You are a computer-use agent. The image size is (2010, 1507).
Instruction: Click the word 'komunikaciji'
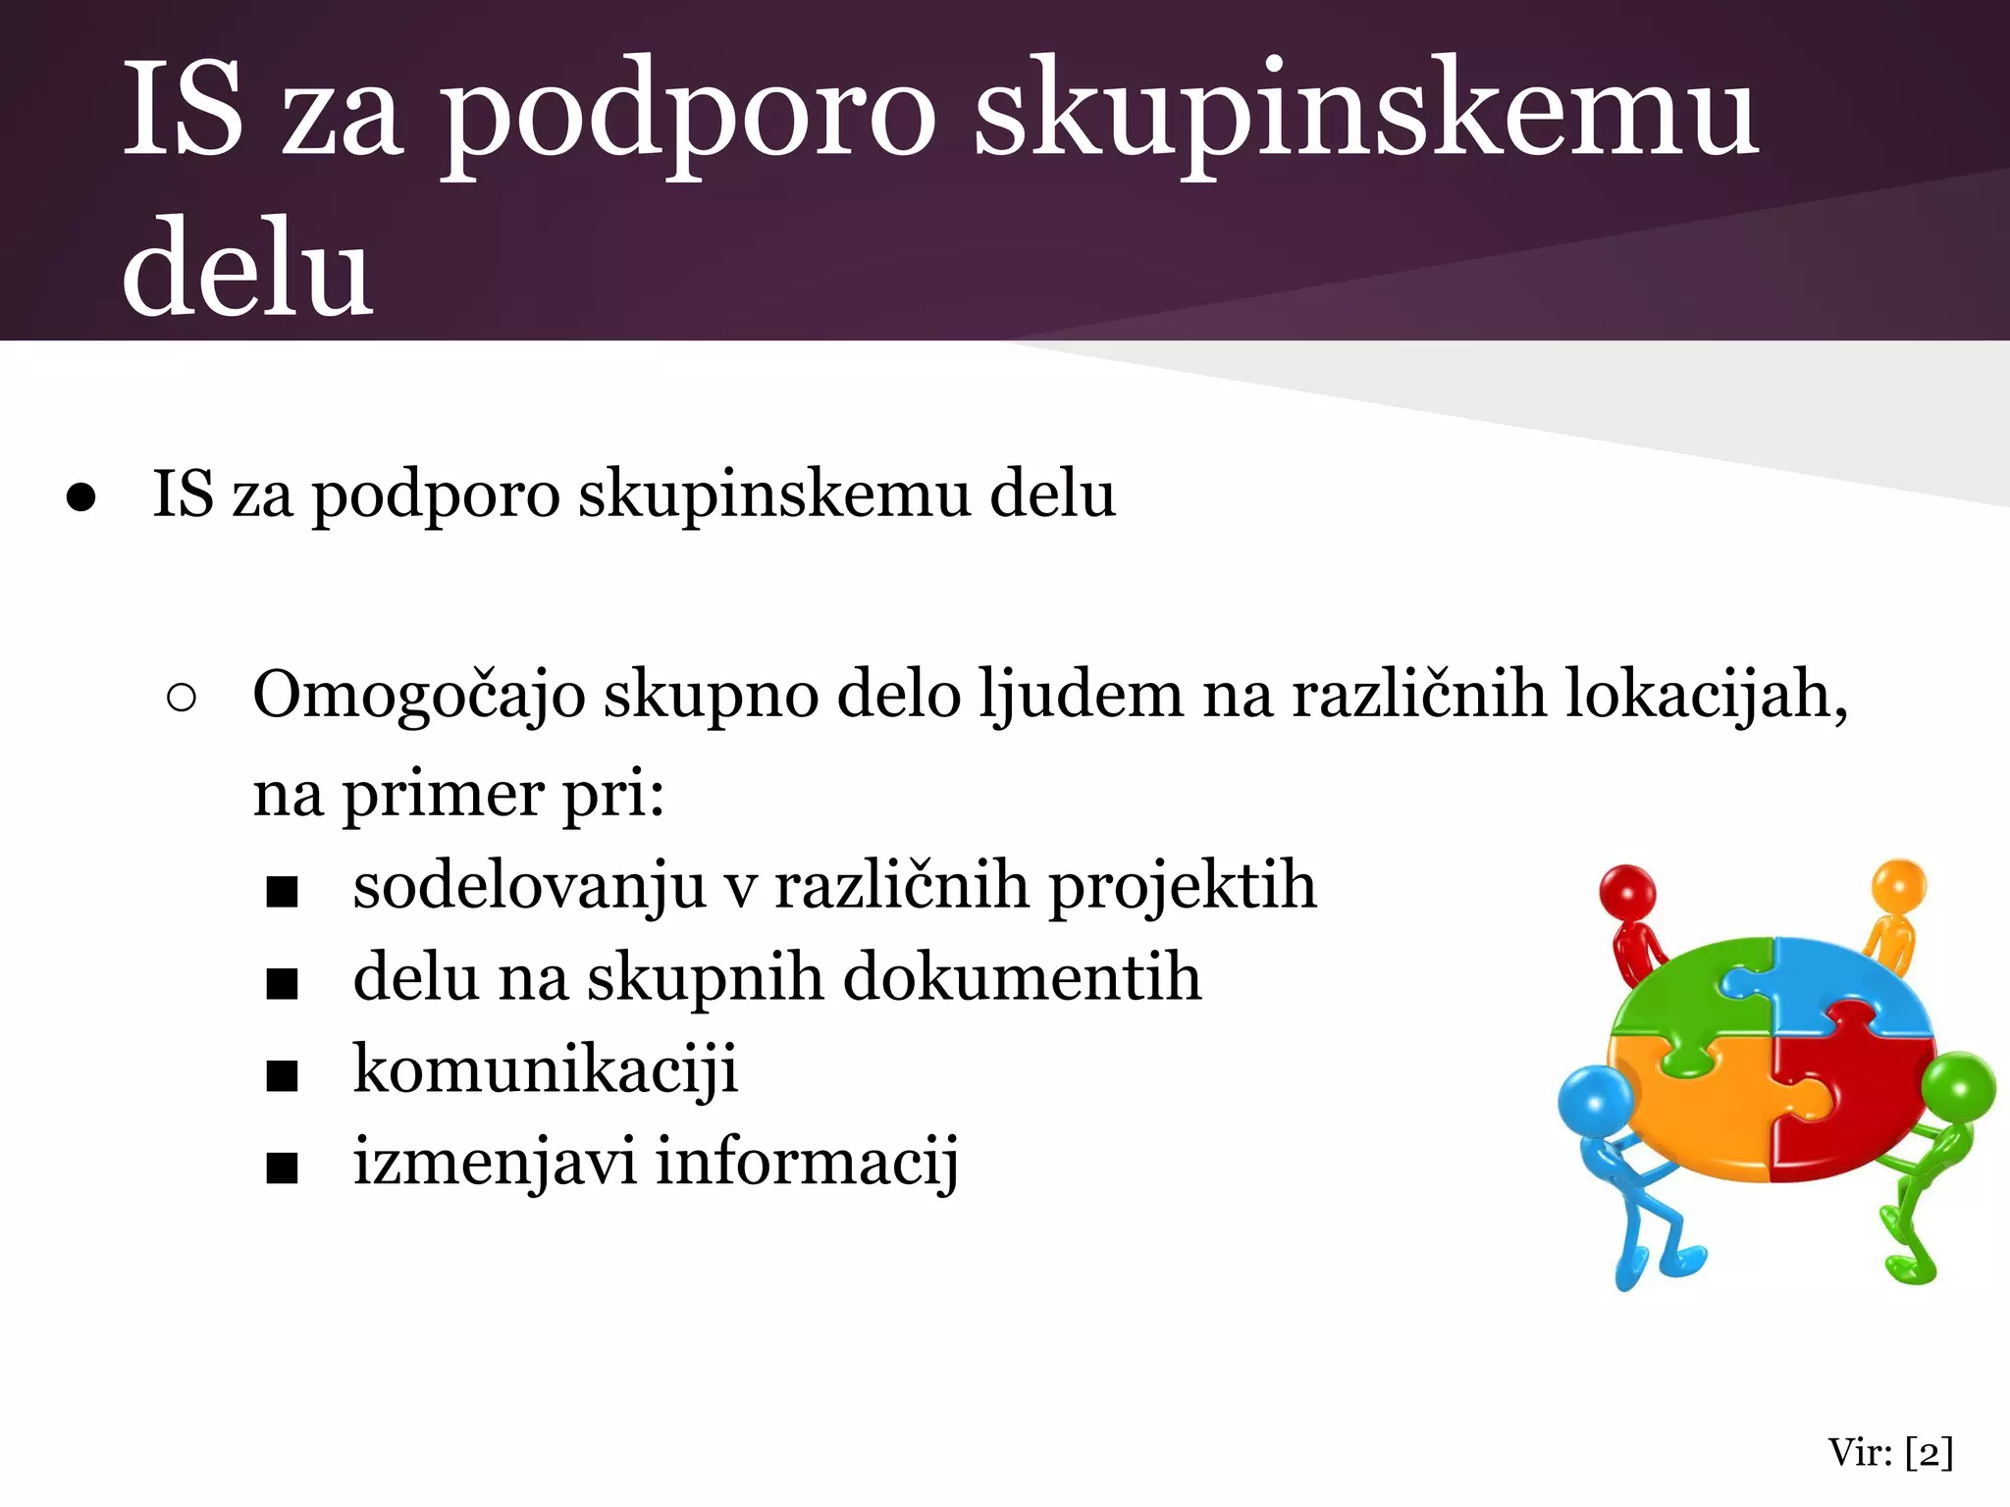[545, 1070]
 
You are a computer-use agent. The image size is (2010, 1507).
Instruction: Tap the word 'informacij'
[807, 1163]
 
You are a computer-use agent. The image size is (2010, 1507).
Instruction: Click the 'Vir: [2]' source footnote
[1890, 1452]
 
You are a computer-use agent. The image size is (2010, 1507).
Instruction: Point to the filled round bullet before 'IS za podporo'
[81, 497]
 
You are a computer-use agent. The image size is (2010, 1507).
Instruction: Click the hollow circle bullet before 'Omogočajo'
[182, 698]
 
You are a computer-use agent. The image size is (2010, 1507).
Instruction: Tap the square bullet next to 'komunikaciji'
[282, 1076]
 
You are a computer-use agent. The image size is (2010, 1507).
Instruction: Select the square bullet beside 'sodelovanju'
[282, 892]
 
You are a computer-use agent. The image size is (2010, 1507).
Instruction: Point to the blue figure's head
[1595, 1103]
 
